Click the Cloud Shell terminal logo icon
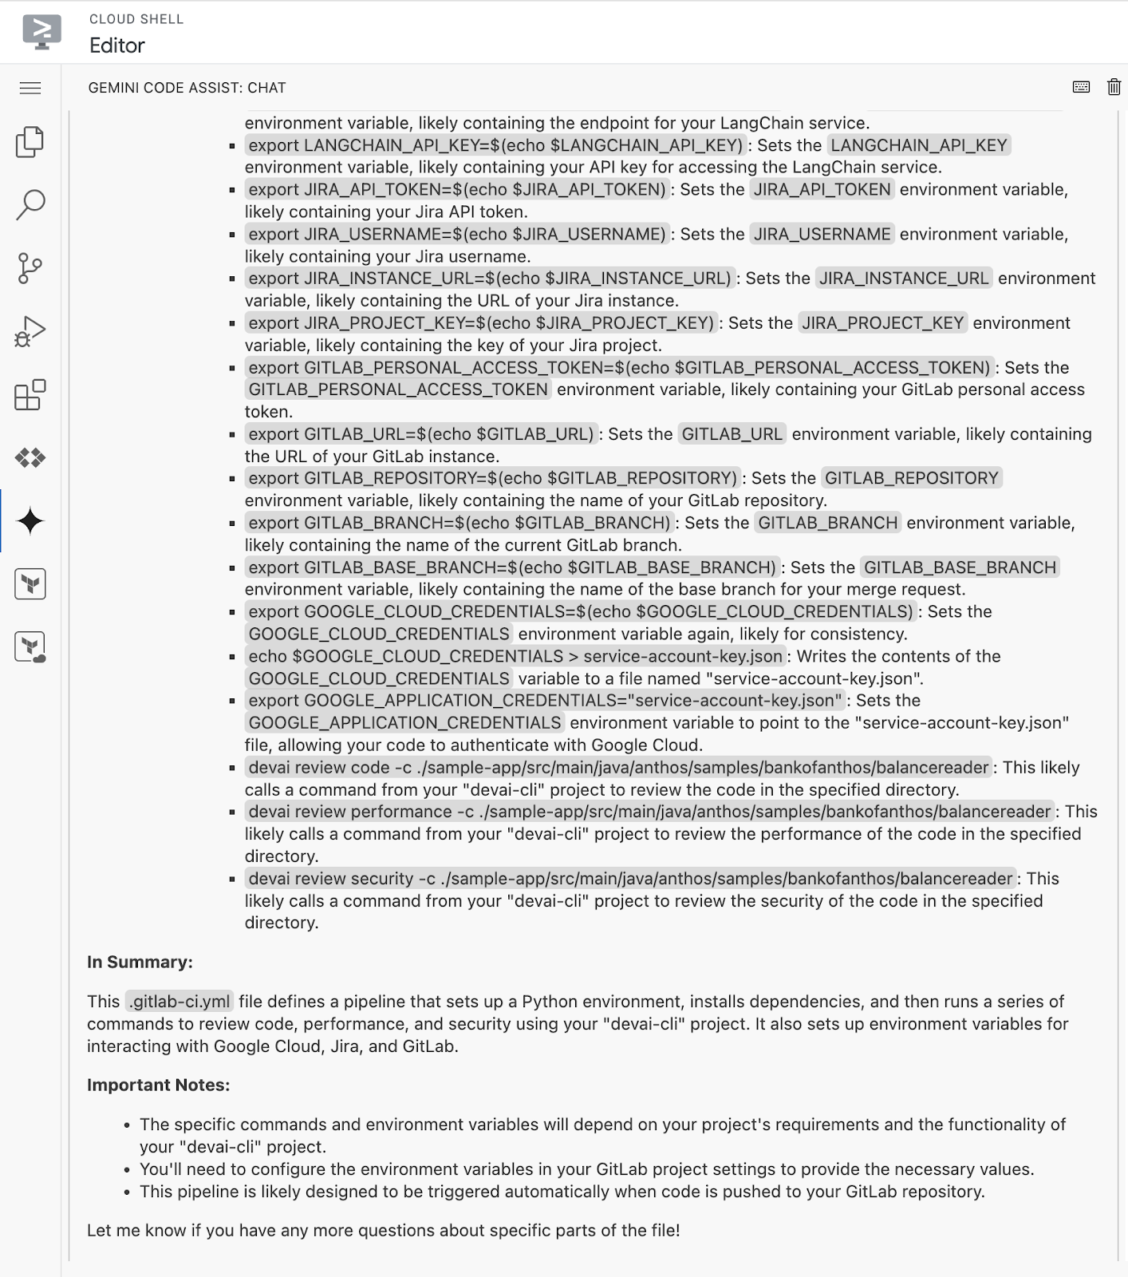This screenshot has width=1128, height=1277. click(42, 32)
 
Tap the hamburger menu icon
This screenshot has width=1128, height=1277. click(30, 88)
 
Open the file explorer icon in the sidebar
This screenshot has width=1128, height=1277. click(30, 142)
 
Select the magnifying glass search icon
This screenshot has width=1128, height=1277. click(30, 204)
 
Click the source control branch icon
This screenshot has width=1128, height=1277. click(30, 268)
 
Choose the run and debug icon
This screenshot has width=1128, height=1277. click(30, 331)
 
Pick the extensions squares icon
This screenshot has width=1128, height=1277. click(30, 395)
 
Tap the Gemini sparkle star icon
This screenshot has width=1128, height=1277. click(30, 521)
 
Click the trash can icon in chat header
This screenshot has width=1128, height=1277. click(1114, 87)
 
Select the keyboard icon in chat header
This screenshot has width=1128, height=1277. click(1081, 87)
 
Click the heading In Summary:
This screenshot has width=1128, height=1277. click(140, 962)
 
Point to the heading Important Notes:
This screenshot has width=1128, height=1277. click(158, 1085)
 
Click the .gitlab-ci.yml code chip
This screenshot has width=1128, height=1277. click(180, 1002)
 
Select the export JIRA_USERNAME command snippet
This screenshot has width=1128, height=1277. click(456, 234)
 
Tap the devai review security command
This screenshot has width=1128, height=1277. click(630, 879)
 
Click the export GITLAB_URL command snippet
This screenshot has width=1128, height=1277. click(421, 434)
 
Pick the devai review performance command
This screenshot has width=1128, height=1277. click(649, 812)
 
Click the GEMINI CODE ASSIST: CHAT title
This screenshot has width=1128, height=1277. click(187, 88)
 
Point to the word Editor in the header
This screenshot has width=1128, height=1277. click(117, 45)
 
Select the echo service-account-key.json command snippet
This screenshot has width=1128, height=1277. click(515, 656)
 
